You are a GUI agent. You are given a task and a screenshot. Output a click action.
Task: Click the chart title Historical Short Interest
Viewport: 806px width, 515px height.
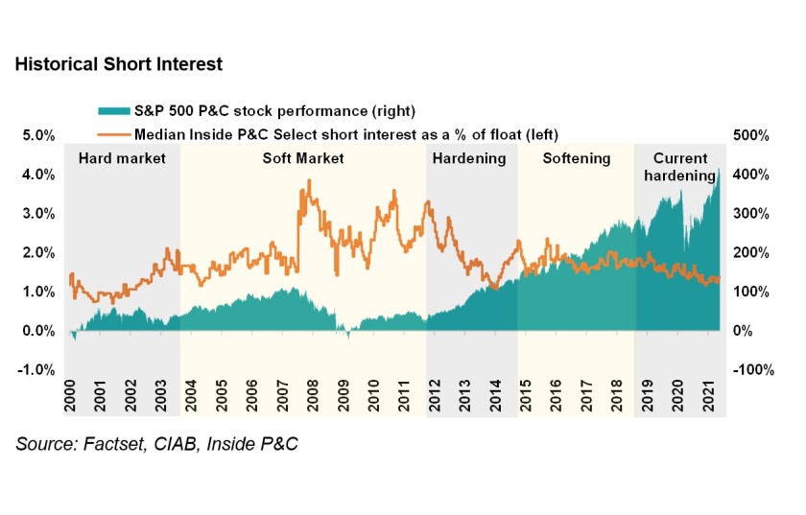(118, 65)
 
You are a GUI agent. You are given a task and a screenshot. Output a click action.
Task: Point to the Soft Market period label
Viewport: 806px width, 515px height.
(303, 158)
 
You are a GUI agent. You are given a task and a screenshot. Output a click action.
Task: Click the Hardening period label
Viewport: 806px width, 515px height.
(469, 158)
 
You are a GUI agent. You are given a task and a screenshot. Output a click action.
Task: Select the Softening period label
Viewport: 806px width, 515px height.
(576, 158)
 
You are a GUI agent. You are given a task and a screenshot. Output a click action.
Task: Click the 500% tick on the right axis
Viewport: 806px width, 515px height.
(750, 135)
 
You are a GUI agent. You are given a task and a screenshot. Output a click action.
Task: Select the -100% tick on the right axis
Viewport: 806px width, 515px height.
(748, 370)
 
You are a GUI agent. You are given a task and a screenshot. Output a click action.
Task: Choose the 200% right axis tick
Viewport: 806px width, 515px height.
(750, 253)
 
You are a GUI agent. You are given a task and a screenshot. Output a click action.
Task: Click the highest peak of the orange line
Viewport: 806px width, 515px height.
(309, 180)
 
